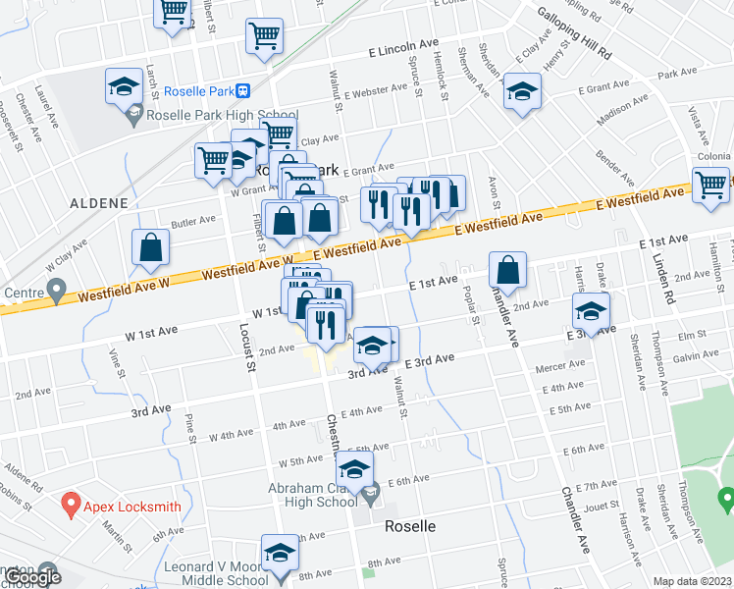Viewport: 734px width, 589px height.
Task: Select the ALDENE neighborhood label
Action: (x=99, y=203)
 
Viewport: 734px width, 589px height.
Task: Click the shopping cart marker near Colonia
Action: (x=710, y=186)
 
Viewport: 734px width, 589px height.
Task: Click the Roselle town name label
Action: (x=410, y=525)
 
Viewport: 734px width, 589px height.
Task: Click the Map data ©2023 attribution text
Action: (x=691, y=581)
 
